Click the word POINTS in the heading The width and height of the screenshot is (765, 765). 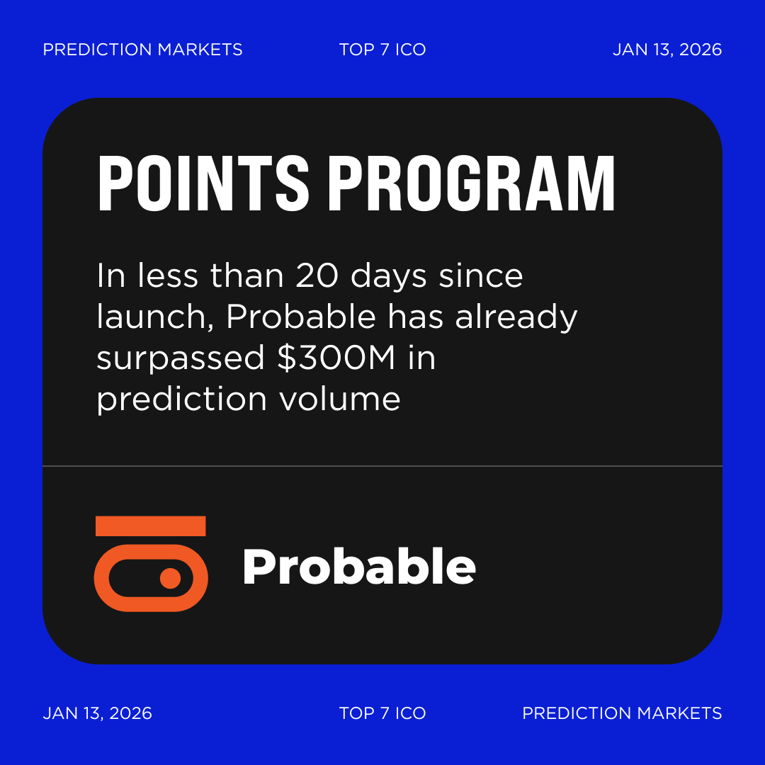203,183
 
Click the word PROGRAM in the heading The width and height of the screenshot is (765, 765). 471,183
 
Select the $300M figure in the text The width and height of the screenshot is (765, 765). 336,358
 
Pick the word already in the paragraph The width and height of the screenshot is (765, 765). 516,317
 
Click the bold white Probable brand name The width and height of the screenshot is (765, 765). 358,567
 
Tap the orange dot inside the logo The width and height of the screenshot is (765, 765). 170,578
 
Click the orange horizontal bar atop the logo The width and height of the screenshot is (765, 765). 150,526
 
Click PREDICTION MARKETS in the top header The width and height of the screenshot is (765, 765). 142,50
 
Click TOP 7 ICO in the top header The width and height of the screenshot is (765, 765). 382,50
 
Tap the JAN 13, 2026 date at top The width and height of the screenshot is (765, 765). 667,50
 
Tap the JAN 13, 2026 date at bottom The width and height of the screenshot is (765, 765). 98,713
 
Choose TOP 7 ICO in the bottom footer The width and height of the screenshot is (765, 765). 382,713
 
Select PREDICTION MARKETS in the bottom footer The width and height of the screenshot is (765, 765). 622,713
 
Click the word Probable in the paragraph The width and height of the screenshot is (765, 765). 300,317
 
